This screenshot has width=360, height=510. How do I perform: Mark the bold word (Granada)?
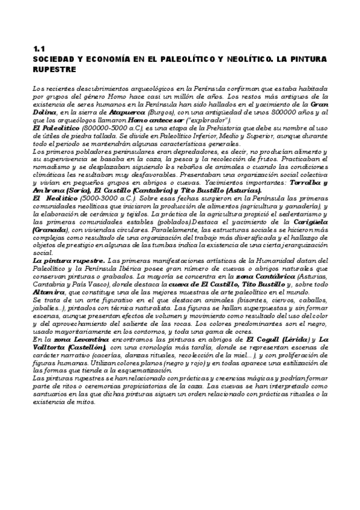coord(51,229)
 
